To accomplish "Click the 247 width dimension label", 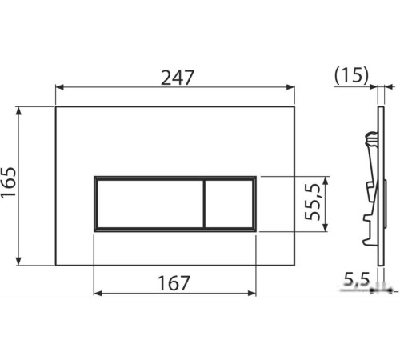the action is point(177,78).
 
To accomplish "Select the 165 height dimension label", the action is point(9,182).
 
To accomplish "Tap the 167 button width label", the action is point(174,283).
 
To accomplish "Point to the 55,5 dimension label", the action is point(312,202).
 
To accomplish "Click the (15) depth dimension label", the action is point(351,75).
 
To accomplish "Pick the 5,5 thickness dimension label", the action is point(357,279).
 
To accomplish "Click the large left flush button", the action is point(150,204).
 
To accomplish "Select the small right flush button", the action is point(229,204).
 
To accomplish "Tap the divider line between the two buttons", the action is point(204,204).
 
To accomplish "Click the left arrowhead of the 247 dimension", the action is point(59,87).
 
